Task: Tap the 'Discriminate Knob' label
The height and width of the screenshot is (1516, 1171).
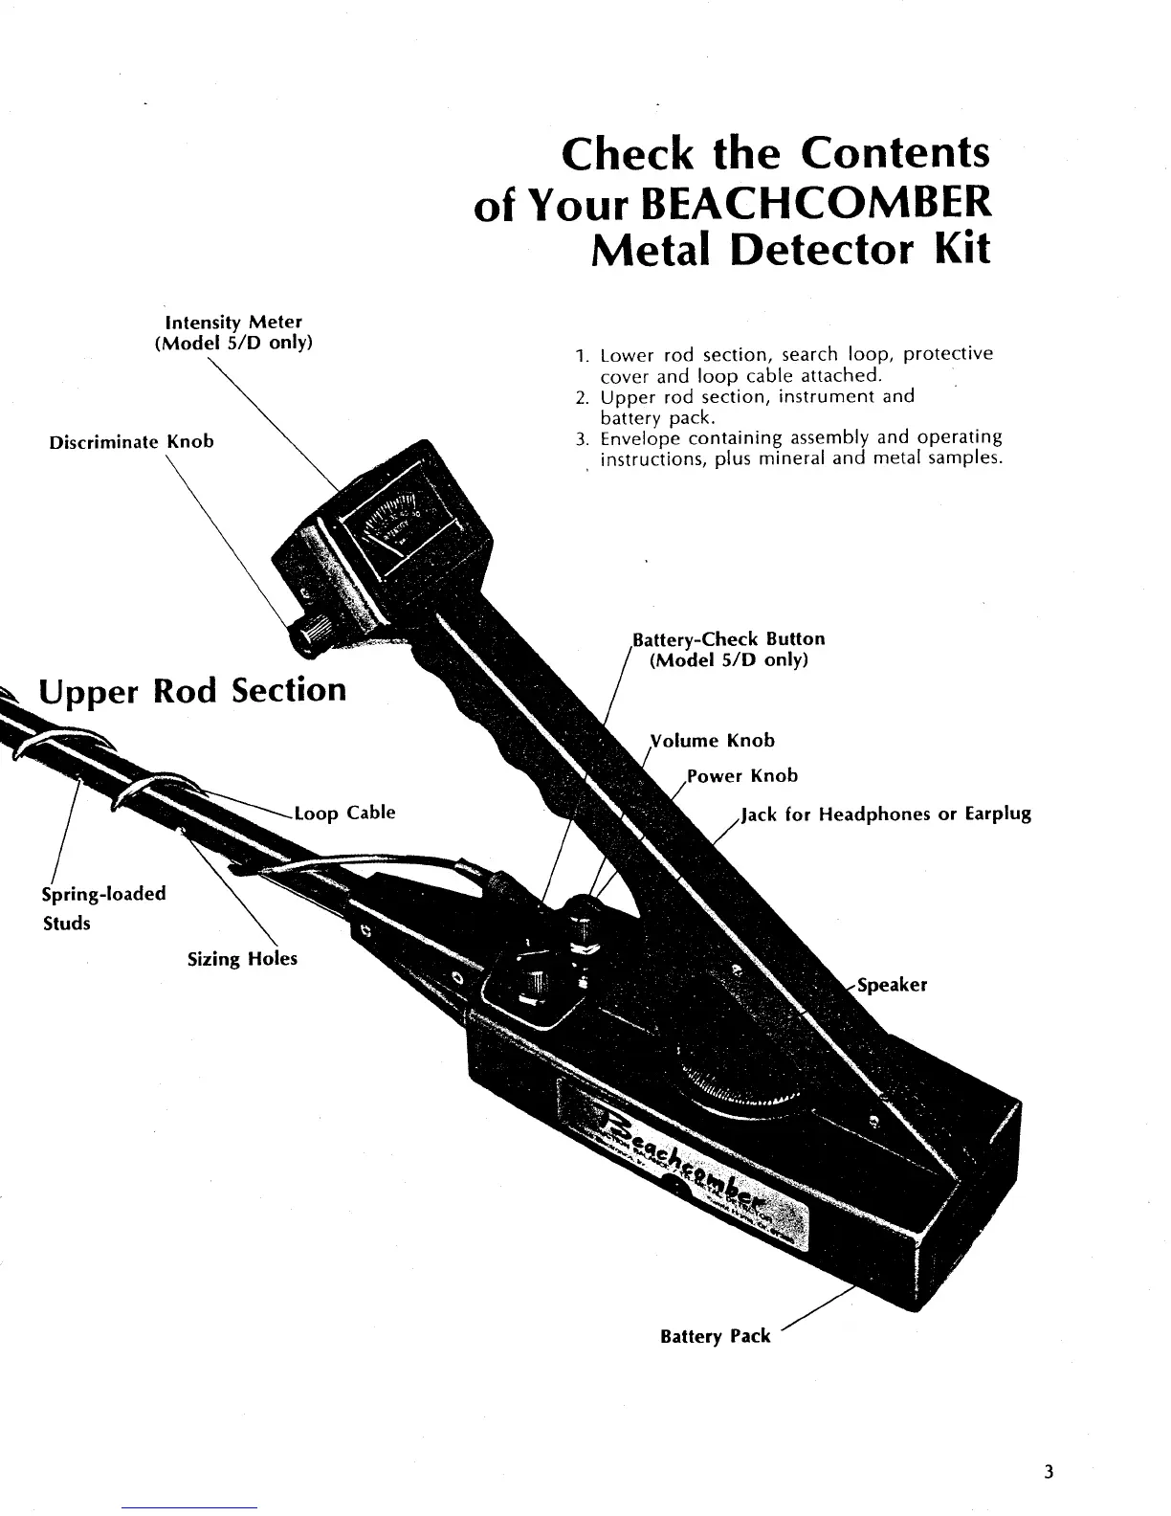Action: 131,442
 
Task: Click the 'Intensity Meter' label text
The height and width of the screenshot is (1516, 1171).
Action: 233,323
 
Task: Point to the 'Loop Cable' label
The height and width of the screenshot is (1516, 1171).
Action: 344,814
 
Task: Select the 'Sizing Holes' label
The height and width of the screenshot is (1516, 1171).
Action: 242,958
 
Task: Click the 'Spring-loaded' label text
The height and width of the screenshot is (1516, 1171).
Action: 103,893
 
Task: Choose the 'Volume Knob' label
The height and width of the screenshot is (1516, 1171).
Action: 713,740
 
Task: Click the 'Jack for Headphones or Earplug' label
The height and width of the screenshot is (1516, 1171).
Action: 886,814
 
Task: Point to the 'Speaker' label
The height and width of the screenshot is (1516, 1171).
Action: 892,985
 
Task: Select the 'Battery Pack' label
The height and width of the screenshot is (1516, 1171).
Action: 715,1336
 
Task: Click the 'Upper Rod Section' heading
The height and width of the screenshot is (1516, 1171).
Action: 191,689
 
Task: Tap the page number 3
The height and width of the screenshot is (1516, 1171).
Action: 1049,1471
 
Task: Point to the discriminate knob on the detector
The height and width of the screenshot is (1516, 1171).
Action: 309,633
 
